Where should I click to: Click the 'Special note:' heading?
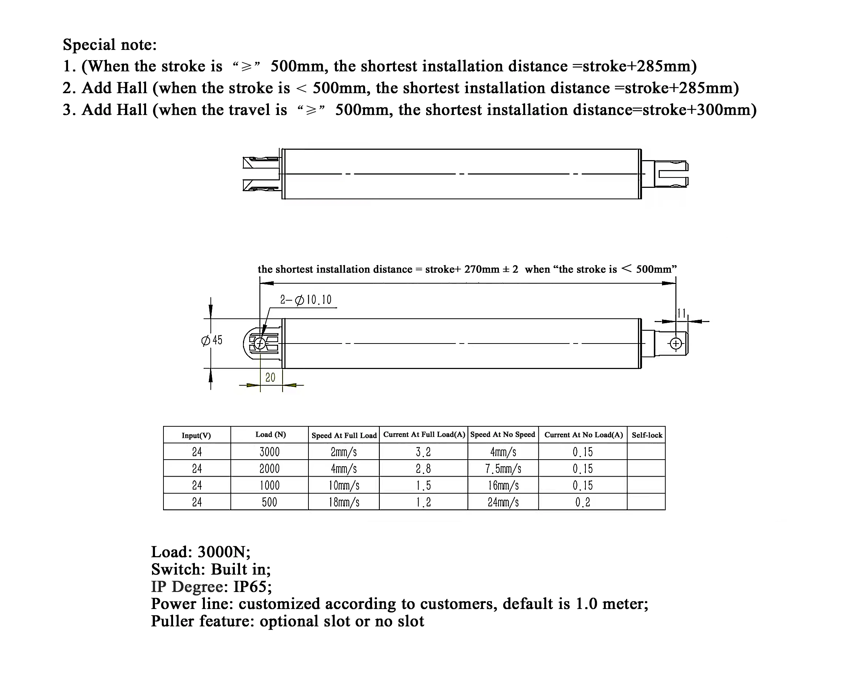click(109, 45)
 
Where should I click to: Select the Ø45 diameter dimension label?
click(212, 341)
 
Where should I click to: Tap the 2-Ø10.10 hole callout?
click(306, 300)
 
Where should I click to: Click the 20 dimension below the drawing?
click(270, 378)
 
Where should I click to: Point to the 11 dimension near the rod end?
click(681, 313)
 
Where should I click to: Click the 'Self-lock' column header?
click(646, 435)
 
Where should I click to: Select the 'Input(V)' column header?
click(196, 435)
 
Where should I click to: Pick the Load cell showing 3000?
click(270, 452)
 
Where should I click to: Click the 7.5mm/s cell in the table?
click(503, 469)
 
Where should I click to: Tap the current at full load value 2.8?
click(423, 469)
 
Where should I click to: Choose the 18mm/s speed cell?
click(344, 502)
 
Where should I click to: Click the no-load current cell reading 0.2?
click(582, 502)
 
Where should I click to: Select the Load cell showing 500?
click(270, 502)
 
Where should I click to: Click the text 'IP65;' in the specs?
click(253, 586)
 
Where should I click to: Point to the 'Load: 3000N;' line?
click(201, 552)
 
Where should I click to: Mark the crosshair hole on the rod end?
click(676, 344)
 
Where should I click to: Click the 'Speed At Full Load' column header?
click(344, 435)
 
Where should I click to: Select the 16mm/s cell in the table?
click(503, 486)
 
